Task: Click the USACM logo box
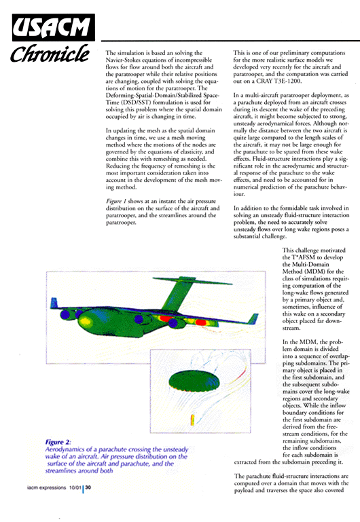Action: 53,28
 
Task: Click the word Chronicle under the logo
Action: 50,54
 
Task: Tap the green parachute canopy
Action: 194,379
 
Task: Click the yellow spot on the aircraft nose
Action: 86,321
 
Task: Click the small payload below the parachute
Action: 192,420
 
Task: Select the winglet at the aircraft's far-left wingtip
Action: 54,303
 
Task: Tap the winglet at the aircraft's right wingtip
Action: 253,318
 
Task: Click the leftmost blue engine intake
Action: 65,314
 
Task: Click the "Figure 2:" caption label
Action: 58,442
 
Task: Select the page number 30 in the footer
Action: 88,487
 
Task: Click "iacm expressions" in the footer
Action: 47,487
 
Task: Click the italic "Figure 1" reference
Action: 116,201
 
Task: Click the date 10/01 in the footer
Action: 75,487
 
